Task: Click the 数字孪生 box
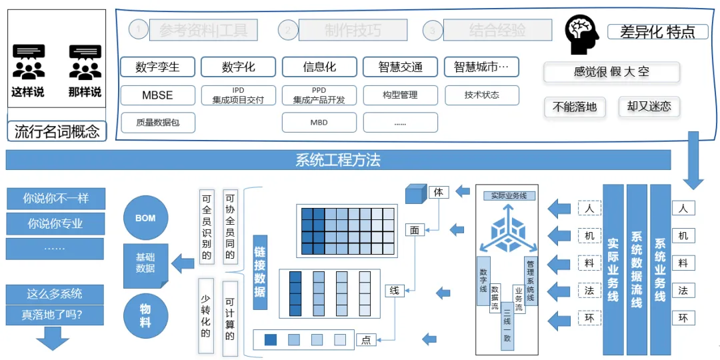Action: pyautogui.click(x=158, y=67)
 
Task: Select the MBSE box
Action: pyautogui.click(x=158, y=95)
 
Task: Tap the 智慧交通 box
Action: pyautogui.click(x=400, y=67)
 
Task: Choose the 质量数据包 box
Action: pyautogui.click(x=158, y=123)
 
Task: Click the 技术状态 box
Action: pyautogui.click(x=481, y=95)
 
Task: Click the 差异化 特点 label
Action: pyautogui.click(x=657, y=31)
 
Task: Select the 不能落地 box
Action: pyautogui.click(x=575, y=107)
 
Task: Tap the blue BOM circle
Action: pyautogui.click(x=145, y=218)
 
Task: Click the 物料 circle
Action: pyautogui.click(x=145, y=316)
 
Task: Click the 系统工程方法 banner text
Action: pyautogui.click(x=338, y=160)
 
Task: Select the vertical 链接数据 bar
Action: pyautogui.click(x=260, y=272)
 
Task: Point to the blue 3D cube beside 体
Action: pyautogui.click(x=416, y=195)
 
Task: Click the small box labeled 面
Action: pyautogui.click(x=414, y=231)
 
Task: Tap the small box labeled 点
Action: pyautogui.click(x=366, y=339)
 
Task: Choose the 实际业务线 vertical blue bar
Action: pyautogui.click(x=613, y=269)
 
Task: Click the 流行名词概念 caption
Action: pyautogui.click(x=57, y=131)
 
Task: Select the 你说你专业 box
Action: pyautogui.click(x=55, y=223)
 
